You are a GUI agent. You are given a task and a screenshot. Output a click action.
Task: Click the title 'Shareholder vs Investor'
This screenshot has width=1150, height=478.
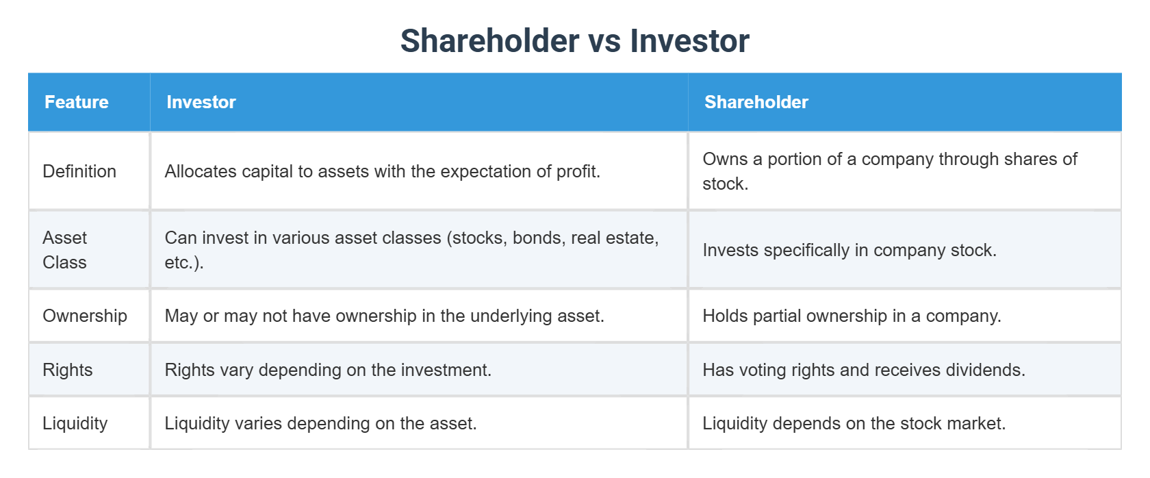click(x=574, y=41)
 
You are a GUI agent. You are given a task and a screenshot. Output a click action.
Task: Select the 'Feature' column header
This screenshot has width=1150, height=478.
click(x=77, y=102)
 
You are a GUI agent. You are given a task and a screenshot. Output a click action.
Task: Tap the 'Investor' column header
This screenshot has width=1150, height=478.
click(x=201, y=102)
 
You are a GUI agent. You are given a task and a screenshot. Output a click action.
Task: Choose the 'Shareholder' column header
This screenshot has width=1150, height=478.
click(x=756, y=102)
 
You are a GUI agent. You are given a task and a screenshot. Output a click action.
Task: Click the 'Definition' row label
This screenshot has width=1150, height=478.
click(x=79, y=171)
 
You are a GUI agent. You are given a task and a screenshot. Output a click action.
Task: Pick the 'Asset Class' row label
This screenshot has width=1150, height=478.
click(x=65, y=250)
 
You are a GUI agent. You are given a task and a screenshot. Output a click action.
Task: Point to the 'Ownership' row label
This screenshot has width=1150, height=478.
click(x=85, y=316)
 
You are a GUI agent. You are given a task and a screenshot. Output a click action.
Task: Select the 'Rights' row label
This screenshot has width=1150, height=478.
click(x=68, y=370)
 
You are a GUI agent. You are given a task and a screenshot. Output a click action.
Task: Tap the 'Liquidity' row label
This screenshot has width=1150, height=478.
click(x=75, y=423)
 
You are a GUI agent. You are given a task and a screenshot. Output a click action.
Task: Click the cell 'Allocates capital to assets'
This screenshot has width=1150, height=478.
click(x=382, y=171)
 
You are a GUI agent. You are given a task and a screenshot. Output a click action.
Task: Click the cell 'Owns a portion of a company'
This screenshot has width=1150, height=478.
click(x=889, y=171)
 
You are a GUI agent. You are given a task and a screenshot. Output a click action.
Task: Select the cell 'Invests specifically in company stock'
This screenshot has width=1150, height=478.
click(x=849, y=250)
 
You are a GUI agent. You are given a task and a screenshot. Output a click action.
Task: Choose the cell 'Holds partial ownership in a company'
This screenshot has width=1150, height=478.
click(x=852, y=316)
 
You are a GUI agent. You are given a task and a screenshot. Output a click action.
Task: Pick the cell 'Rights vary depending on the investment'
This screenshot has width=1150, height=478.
click(x=328, y=370)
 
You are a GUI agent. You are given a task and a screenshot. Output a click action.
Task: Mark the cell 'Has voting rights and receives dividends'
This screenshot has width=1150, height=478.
click(x=863, y=370)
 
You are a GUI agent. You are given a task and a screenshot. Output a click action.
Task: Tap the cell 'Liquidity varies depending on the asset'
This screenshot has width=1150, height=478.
click(x=320, y=423)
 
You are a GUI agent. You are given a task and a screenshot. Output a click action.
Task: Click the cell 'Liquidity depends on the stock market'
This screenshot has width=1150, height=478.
click(x=854, y=423)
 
